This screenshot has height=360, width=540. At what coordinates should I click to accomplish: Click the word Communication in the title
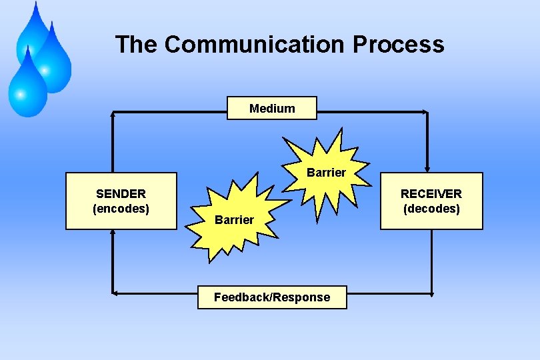pyautogui.click(x=255, y=45)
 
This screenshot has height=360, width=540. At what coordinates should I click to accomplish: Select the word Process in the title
pyautogui.click(x=398, y=45)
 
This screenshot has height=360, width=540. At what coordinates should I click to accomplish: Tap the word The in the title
pyautogui.click(x=137, y=45)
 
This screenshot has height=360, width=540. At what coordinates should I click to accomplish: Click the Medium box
pyautogui.click(x=272, y=108)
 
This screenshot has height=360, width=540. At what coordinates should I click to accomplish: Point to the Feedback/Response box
pyautogui.click(x=272, y=297)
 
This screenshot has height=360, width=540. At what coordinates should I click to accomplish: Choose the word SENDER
pyautogui.click(x=121, y=194)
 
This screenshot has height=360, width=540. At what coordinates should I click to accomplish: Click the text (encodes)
pyautogui.click(x=121, y=208)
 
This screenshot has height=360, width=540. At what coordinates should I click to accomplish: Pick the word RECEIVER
pyautogui.click(x=431, y=194)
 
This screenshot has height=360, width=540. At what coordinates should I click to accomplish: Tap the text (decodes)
pyautogui.click(x=431, y=209)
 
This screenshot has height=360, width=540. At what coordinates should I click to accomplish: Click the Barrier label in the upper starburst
pyautogui.click(x=326, y=173)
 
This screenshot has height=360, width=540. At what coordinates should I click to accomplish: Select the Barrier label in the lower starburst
pyautogui.click(x=234, y=220)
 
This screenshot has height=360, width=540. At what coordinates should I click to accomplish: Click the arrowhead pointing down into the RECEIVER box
pyautogui.click(x=427, y=169)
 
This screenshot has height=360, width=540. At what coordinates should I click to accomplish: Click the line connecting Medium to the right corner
pyautogui.click(x=371, y=112)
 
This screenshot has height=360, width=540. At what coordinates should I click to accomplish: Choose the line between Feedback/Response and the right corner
pyautogui.click(x=389, y=293)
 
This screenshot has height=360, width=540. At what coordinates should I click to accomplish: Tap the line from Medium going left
pyautogui.click(x=170, y=111)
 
